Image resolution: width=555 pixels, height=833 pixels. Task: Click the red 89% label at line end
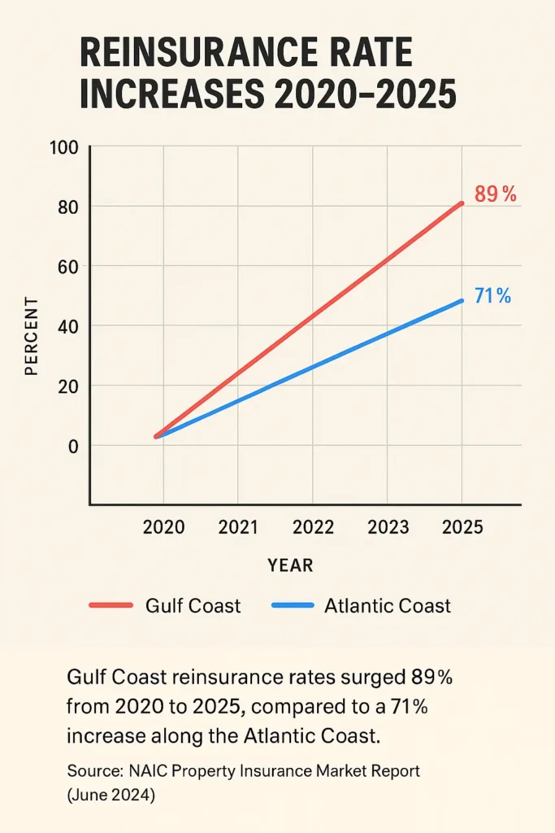coord(495,195)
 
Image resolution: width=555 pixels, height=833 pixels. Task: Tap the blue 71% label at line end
coord(492,296)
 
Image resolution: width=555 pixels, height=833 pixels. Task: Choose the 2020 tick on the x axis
coord(163,527)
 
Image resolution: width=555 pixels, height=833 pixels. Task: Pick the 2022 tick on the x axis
coord(313,527)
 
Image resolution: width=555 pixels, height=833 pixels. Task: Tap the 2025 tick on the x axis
coord(462,527)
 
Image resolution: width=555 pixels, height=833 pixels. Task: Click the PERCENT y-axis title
coord(32,337)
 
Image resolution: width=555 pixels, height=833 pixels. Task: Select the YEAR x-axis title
coord(290,565)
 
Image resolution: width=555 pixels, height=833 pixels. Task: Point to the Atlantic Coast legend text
coord(388,606)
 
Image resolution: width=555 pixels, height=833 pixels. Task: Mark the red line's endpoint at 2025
coord(462,203)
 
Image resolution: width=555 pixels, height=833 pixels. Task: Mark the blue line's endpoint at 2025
coord(462,300)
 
